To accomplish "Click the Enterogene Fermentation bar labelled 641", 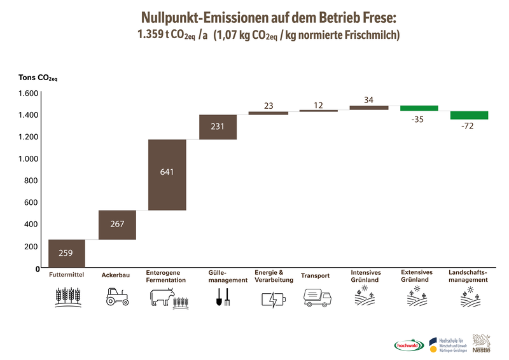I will [x=167, y=174].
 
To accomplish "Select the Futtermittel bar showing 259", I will [x=66, y=253].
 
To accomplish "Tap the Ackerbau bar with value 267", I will [x=117, y=225].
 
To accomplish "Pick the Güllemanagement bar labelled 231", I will [x=218, y=127].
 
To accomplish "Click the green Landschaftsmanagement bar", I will [x=469, y=115].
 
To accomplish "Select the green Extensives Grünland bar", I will [x=419, y=108].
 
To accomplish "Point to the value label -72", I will [x=469, y=127].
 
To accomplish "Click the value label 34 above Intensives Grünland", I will [x=368, y=99].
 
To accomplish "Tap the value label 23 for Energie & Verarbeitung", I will [x=268, y=106].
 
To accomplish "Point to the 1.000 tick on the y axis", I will [x=28, y=158].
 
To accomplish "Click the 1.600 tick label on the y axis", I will [x=28, y=93].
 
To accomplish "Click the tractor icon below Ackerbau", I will [x=116, y=297].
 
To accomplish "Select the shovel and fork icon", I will [x=222, y=297].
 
